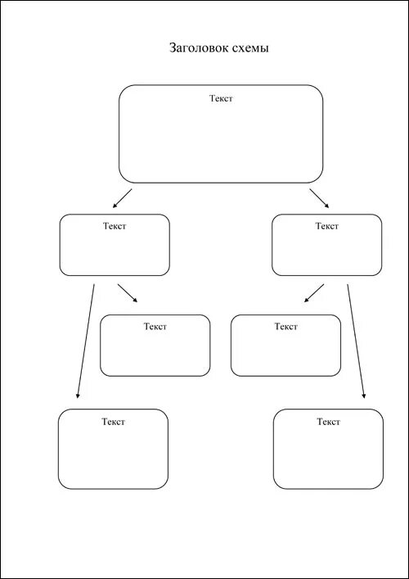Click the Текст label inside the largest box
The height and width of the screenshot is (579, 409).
tap(222, 98)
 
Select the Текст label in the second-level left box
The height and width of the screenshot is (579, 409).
tap(115, 226)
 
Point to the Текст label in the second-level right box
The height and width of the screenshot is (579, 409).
tap(326, 226)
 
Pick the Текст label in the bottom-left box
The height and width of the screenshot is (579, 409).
tap(113, 422)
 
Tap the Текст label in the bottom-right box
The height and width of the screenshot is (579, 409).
tap(329, 422)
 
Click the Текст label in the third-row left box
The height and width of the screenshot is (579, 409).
tap(155, 327)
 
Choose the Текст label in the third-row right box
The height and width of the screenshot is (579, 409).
tap(285, 327)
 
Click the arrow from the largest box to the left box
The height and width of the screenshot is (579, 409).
tap(123, 198)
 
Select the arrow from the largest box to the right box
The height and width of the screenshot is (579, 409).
tap(319, 198)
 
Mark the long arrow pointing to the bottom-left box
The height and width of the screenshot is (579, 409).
tap(86, 342)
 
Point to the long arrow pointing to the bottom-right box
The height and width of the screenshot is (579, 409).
tap(356, 342)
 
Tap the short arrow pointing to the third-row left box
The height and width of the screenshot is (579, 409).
tap(128, 293)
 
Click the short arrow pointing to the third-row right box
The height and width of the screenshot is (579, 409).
tap(314, 293)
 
